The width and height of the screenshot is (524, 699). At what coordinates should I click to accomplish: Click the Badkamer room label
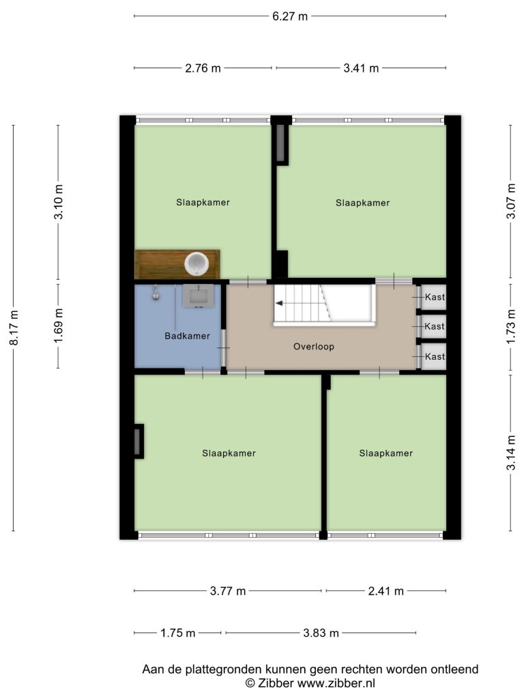[187, 336]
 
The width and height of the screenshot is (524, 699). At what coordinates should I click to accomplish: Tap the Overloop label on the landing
[314, 346]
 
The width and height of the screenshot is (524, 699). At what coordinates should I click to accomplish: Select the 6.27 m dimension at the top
[290, 16]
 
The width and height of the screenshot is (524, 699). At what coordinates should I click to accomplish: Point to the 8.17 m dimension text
[14, 328]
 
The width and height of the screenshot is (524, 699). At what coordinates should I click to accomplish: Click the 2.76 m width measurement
[203, 68]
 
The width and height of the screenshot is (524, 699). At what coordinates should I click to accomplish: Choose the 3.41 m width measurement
[361, 68]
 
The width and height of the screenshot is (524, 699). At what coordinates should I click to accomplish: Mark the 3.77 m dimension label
[228, 591]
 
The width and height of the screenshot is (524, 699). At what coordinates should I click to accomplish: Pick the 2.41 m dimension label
[386, 591]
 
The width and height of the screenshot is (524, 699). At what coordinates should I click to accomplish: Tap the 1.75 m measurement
[178, 633]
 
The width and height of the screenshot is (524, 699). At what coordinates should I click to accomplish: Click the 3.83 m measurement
[321, 633]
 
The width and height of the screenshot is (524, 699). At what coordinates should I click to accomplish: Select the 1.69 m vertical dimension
[59, 326]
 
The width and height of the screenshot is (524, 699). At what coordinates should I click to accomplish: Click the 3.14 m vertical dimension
[511, 453]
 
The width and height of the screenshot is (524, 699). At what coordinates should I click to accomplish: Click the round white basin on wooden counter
[196, 263]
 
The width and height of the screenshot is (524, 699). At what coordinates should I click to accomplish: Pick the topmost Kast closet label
[435, 297]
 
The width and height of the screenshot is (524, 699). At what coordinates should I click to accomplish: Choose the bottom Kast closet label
[435, 356]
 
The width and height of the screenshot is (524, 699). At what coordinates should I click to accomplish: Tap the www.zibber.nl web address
[336, 683]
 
